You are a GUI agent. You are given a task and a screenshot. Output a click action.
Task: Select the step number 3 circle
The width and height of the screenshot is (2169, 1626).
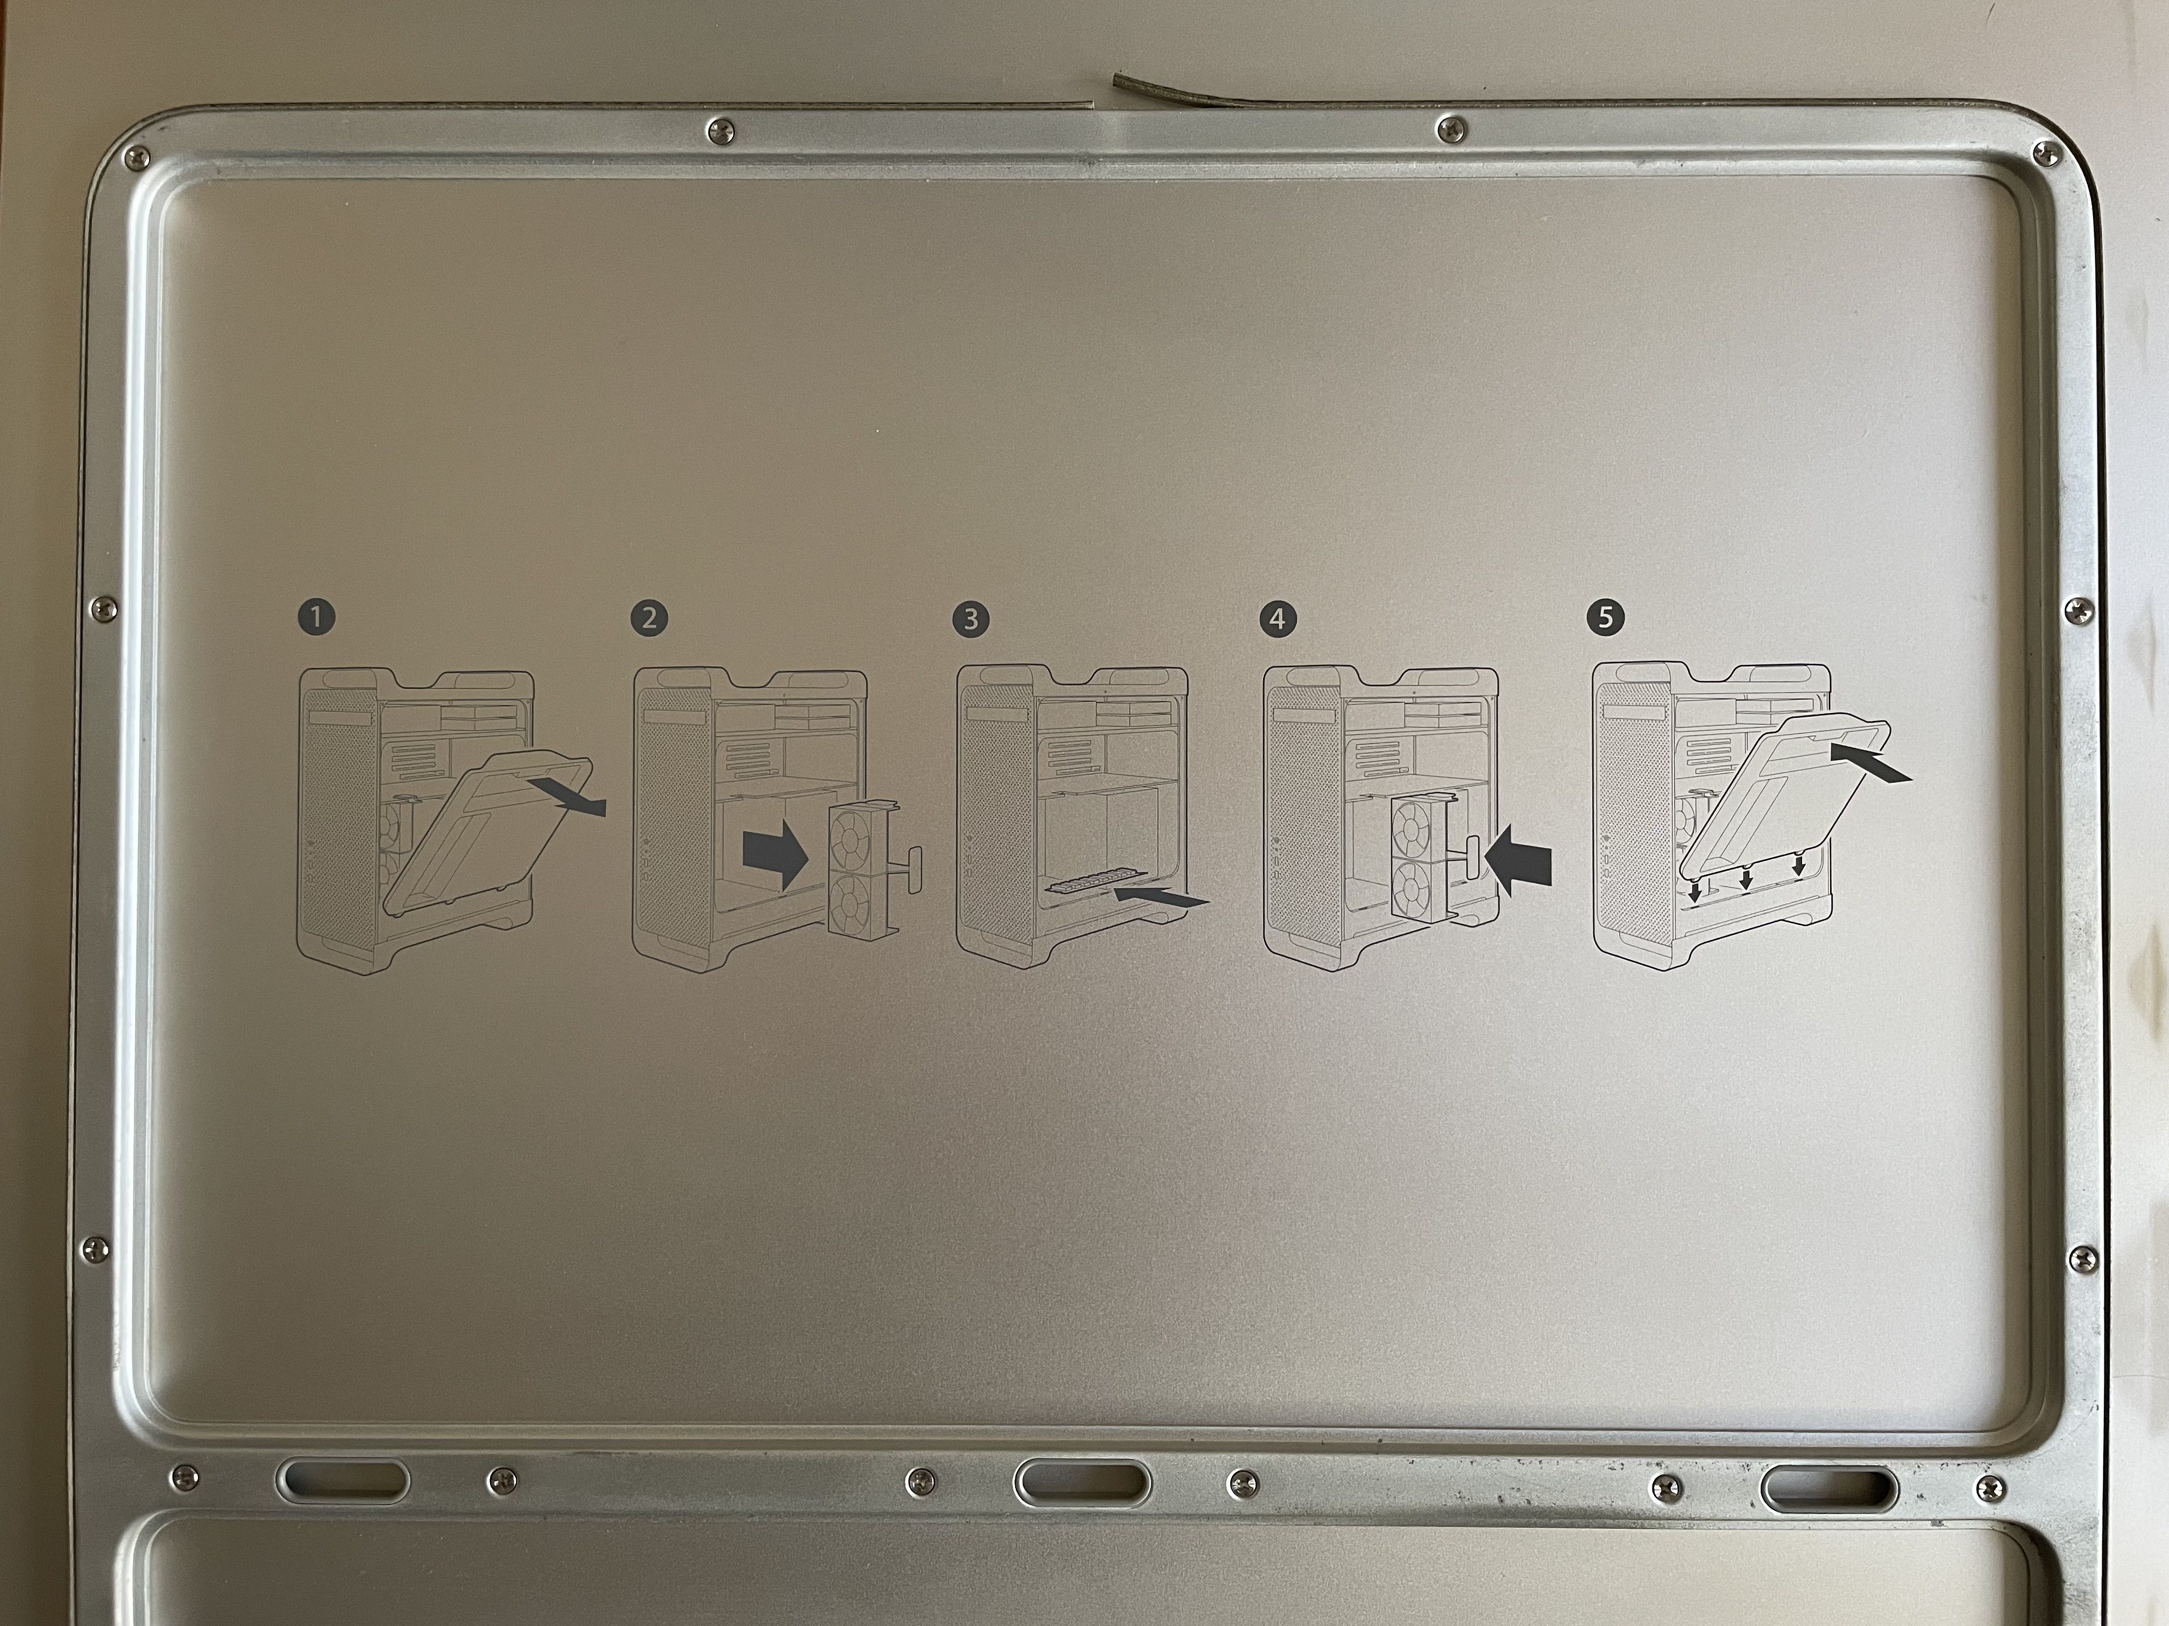pos(971,618)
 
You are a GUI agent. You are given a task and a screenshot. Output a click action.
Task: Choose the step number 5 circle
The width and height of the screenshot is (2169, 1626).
pos(1604,617)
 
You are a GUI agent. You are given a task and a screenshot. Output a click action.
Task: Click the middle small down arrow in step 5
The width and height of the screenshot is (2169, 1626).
pos(1746,879)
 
